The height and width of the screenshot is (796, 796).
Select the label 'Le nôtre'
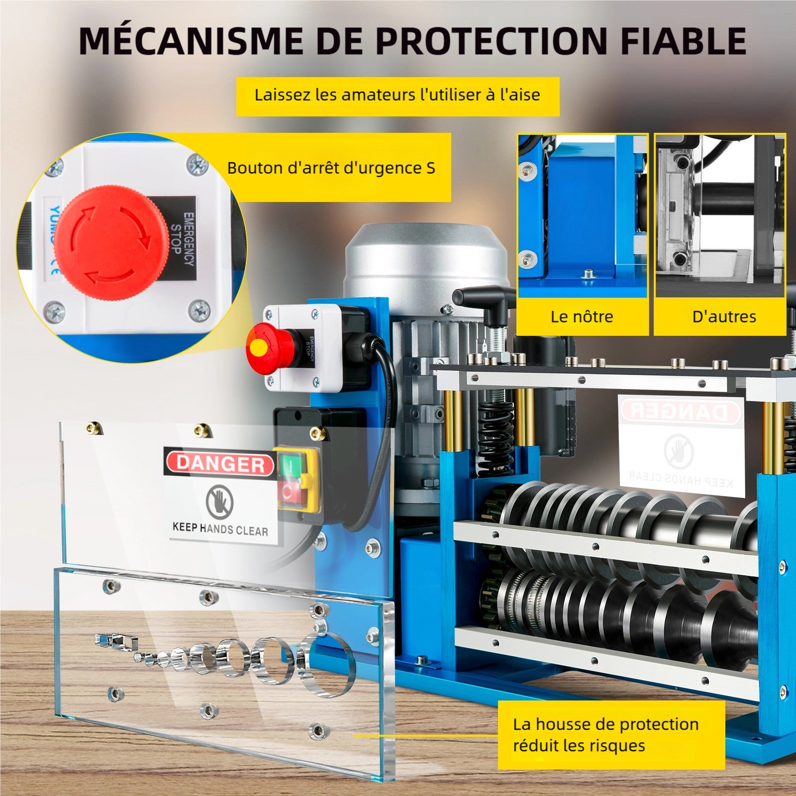[x=582, y=316]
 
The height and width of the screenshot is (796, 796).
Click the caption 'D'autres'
[x=724, y=316]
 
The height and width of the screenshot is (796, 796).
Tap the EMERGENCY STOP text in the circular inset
[x=182, y=239]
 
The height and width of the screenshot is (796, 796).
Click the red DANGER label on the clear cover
[x=220, y=463]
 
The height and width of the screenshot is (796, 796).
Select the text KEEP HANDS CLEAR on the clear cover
[x=220, y=529]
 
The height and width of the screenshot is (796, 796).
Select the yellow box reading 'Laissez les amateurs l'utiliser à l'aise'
[x=397, y=95]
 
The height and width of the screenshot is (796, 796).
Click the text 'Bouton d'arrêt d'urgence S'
[x=331, y=168]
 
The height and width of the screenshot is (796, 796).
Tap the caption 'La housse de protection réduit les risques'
[x=606, y=734]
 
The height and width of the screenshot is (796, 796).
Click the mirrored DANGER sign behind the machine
[x=680, y=411]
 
